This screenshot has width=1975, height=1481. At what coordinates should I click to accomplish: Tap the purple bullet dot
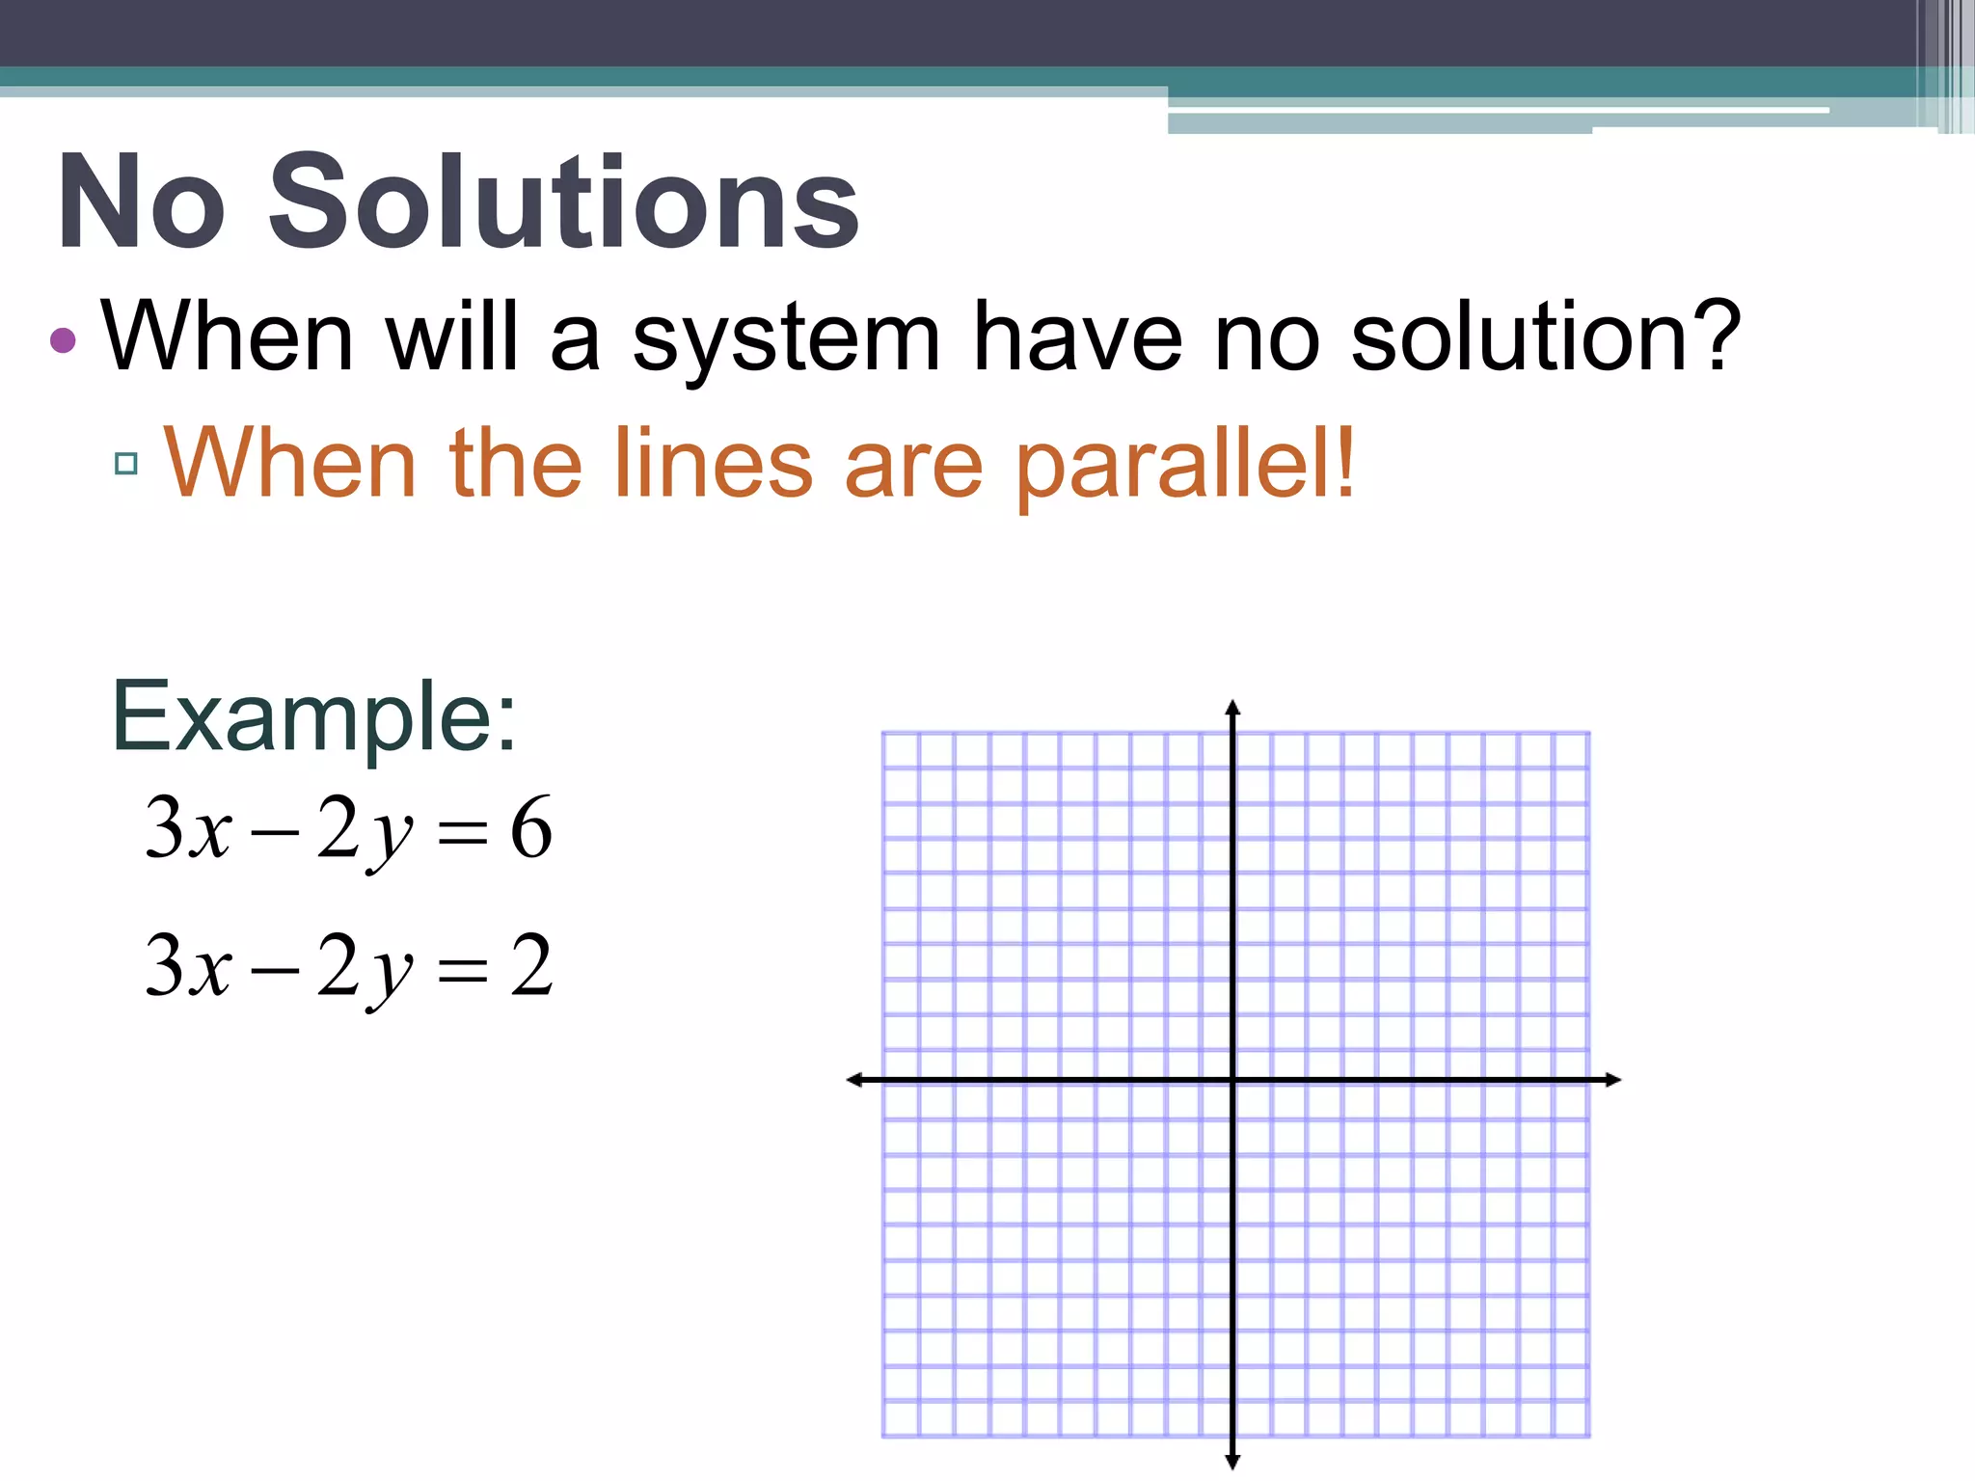coord(63,339)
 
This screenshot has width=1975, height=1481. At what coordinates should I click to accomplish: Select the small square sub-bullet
coord(125,464)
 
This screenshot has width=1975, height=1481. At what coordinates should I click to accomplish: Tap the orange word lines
coord(713,465)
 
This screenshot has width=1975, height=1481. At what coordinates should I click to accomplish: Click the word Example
coord(313,717)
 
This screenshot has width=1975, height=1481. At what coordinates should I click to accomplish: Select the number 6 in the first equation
coord(530,827)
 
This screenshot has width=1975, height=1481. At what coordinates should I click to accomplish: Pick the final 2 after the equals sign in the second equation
coord(532,965)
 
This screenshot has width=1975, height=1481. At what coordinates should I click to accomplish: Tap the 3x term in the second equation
coord(189,965)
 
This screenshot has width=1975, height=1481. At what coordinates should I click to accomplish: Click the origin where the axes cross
coord(1232,1080)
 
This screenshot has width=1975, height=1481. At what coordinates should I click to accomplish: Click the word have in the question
coord(1077,337)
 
